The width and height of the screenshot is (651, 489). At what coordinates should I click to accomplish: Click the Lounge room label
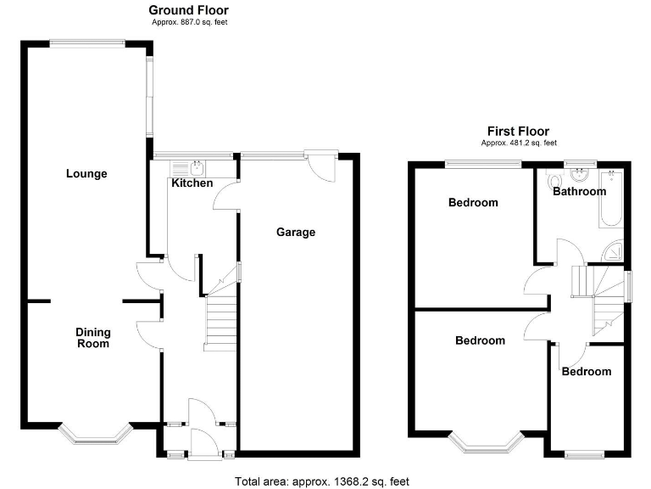(86, 173)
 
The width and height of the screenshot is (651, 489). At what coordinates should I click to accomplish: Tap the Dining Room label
(93, 338)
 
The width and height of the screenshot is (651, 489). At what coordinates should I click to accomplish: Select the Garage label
(296, 232)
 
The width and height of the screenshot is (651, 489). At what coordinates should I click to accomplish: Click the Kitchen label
(192, 183)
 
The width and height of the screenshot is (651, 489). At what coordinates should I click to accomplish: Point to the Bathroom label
(579, 191)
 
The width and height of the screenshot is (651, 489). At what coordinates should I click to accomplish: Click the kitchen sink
(187, 168)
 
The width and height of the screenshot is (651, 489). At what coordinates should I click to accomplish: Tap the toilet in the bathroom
(554, 180)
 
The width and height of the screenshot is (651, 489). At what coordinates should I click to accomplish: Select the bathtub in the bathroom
(611, 199)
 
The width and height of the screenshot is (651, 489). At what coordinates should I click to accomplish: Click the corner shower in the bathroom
(613, 250)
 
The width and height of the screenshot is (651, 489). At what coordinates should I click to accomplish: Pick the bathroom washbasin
(579, 175)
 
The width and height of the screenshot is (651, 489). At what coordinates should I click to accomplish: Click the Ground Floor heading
(188, 10)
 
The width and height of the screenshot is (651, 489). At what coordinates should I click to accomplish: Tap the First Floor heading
(518, 132)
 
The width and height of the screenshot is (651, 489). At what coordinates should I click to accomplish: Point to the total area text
(322, 481)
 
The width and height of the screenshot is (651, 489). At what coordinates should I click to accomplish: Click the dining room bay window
(96, 436)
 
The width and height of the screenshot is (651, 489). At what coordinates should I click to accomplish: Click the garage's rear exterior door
(321, 166)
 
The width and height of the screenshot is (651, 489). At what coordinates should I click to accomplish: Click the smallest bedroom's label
(587, 371)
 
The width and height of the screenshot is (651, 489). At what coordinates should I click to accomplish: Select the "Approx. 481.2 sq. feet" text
(519, 143)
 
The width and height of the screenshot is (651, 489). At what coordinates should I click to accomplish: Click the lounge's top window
(87, 42)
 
